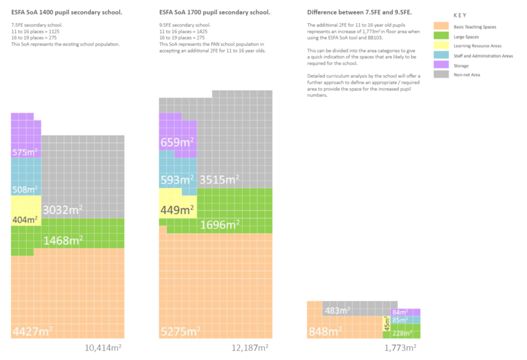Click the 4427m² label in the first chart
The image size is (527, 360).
(32, 331)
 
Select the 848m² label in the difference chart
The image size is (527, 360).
(326, 331)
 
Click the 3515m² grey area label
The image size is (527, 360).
(219, 179)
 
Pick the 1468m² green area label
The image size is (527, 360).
(63, 240)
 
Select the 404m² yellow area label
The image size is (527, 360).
(25, 219)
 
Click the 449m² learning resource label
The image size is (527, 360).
(177, 211)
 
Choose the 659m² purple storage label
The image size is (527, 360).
(177, 141)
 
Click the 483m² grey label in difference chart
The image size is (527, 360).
(337, 310)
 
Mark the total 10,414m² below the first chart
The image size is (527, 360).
(103, 347)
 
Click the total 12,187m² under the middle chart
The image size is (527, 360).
(250, 347)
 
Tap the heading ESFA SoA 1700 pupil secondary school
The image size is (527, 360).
(213, 13)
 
